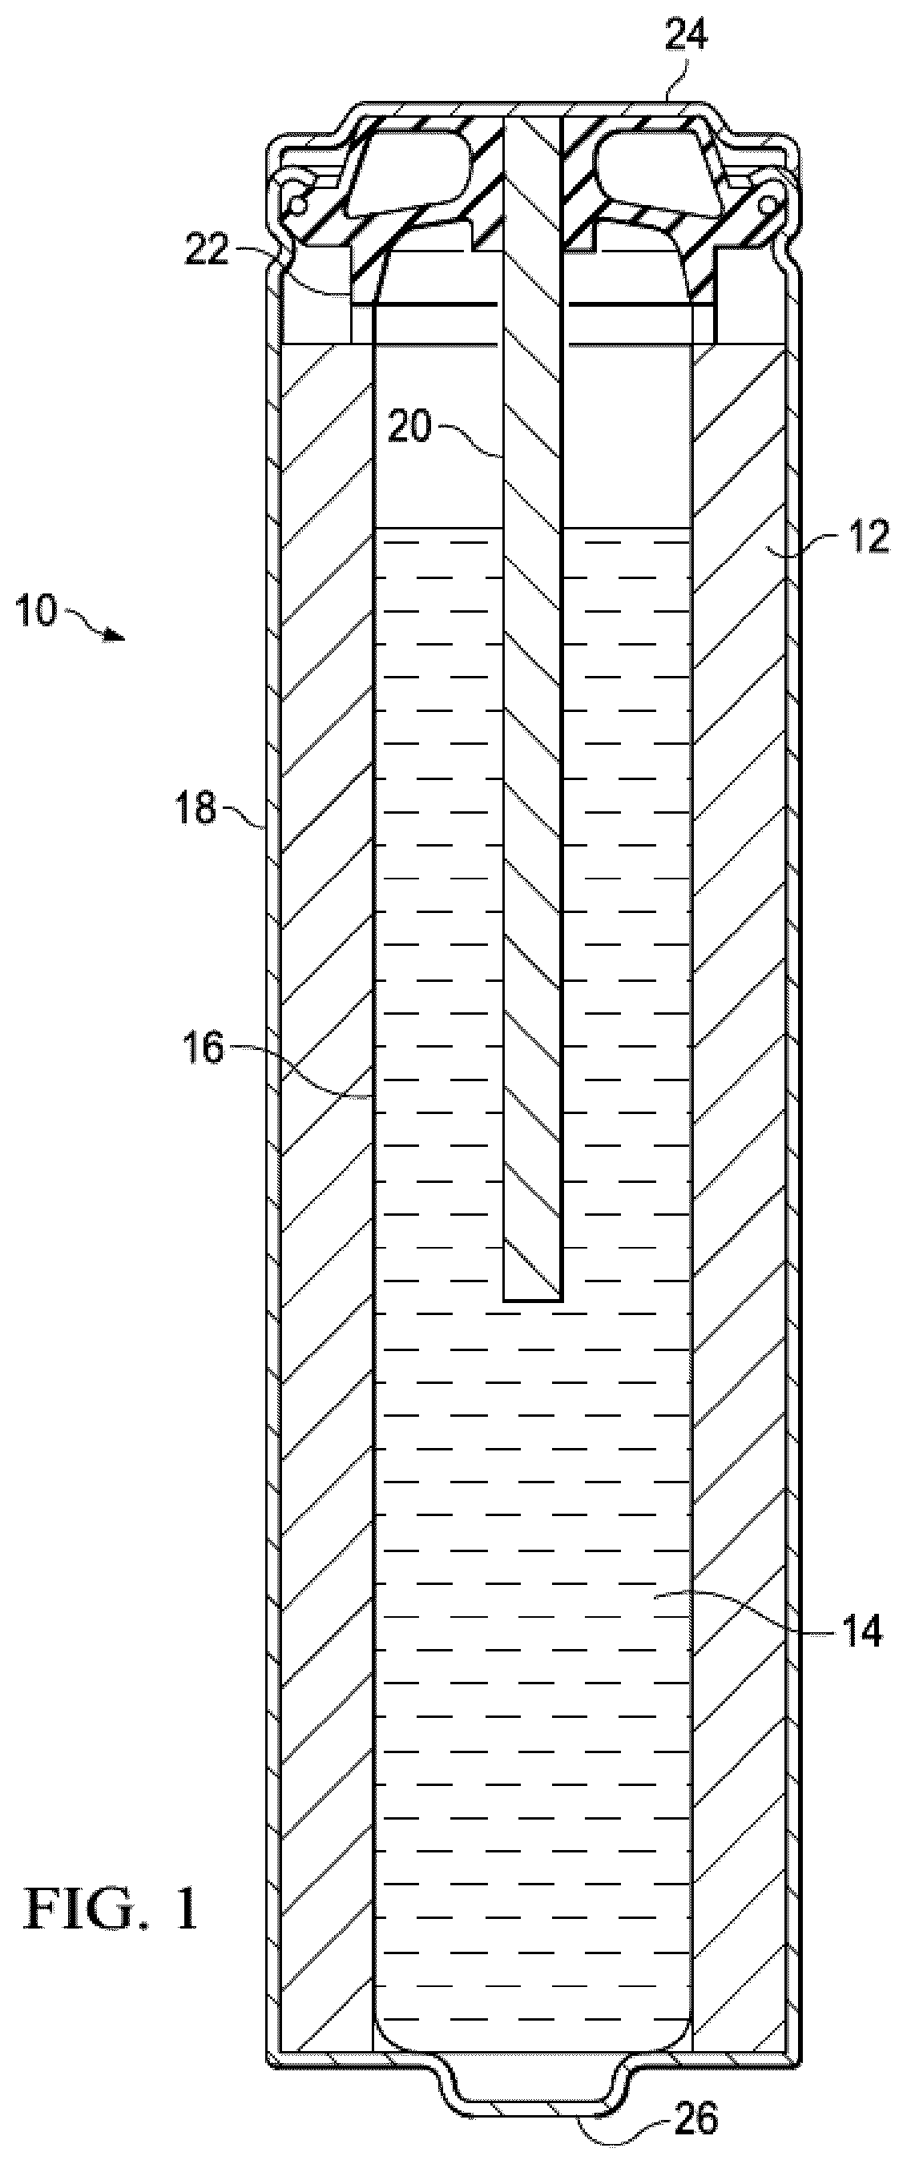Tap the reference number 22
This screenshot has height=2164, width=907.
click(207, 250)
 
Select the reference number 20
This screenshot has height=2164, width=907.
click(409, 428)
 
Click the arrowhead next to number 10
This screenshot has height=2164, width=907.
click(117, 639)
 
